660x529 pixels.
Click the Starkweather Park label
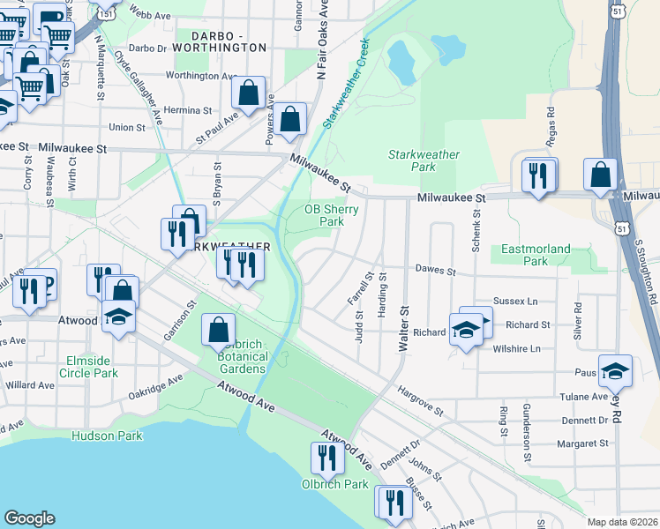click(424, 160)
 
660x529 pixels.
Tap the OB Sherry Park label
click(324, 215)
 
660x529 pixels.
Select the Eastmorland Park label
click(536, 255)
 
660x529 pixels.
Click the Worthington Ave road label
click(202, 76)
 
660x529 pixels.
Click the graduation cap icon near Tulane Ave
click(615, 371)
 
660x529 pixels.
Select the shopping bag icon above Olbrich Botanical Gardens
click(218, 331)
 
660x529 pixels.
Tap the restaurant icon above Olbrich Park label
click(327, 458)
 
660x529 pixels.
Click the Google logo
click(29, 518)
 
